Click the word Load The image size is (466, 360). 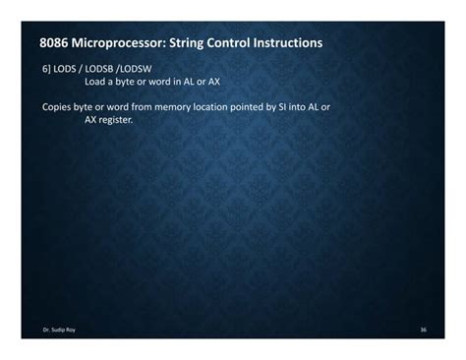pos(94,83)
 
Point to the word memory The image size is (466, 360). pos(192,105)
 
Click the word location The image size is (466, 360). pos(233,105)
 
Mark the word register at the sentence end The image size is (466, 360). pos(115,118)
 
